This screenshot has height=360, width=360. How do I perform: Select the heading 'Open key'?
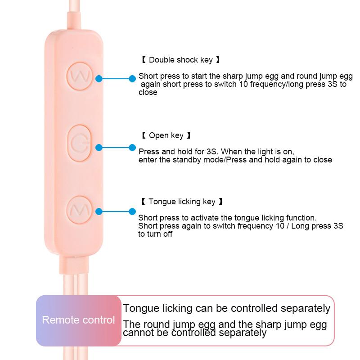point(166,135)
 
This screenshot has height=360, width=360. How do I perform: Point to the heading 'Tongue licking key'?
point(182,202)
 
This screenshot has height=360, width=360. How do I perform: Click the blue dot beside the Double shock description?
point(132,78)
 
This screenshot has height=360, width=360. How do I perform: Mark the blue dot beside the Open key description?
point(132,147)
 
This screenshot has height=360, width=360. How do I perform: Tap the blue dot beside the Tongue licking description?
point(132,211)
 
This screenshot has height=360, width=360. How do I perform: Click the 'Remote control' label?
point(78,320)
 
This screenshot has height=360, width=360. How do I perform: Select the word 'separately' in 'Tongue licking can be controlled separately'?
point(306,309)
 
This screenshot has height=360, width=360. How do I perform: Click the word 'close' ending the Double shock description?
point(148,93)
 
